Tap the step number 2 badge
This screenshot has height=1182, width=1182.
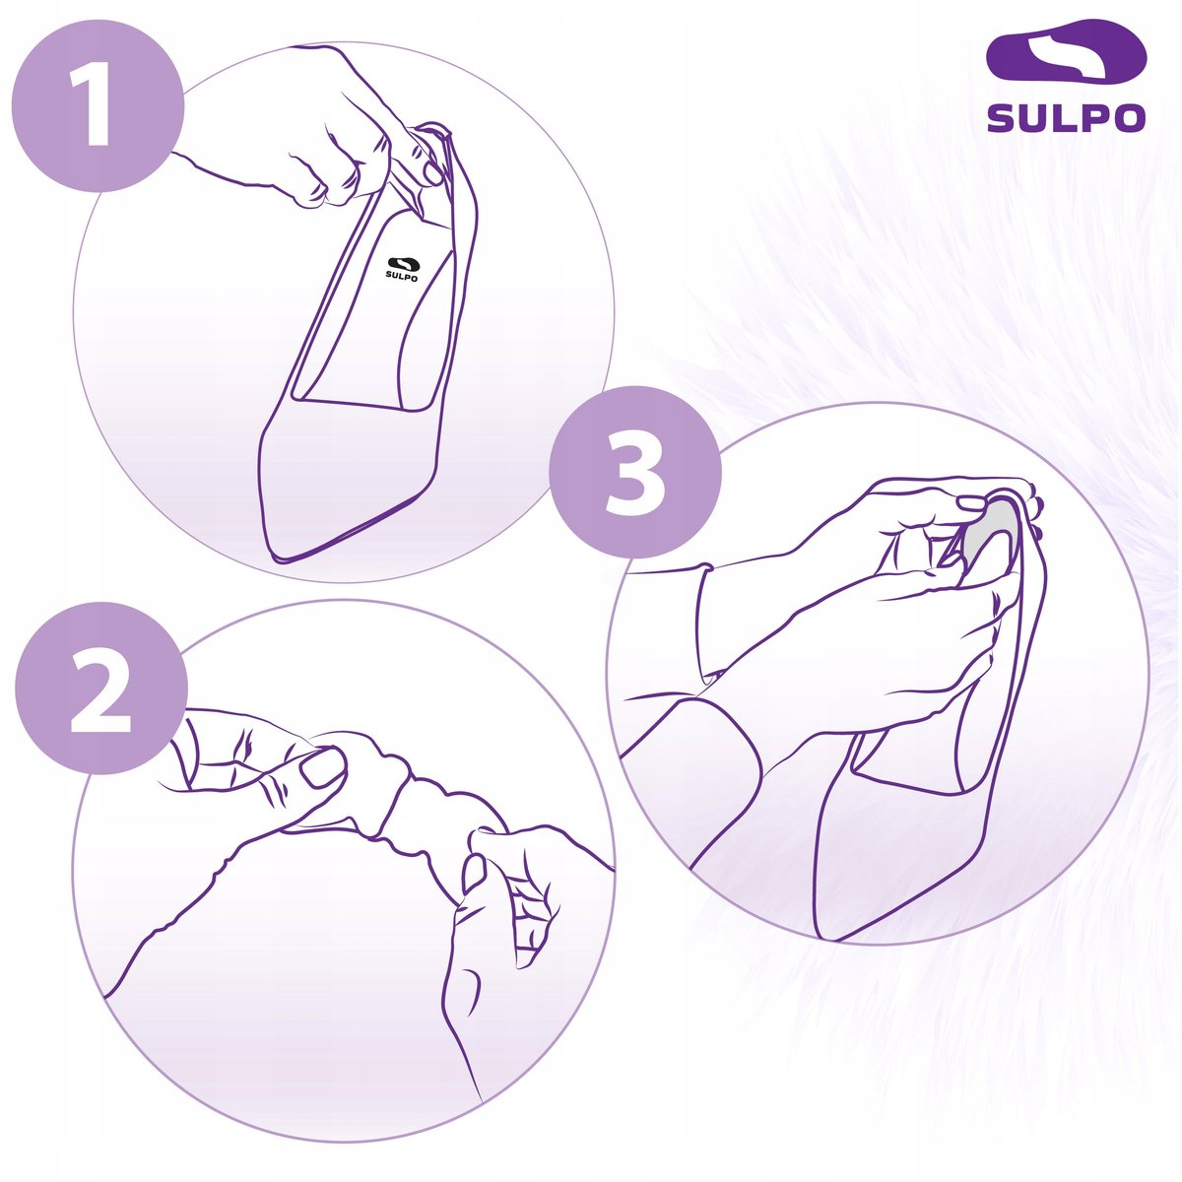click(101, 689)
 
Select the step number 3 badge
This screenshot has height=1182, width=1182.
click(635, 472)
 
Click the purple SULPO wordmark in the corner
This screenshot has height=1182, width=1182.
click(1066, 117)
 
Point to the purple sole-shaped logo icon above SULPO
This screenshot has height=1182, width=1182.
click(1066, 56)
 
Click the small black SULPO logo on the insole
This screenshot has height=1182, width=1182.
click(403, 269)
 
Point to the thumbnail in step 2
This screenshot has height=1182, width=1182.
click(322, 768)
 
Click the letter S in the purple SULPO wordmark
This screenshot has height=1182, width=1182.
click(1002, 117)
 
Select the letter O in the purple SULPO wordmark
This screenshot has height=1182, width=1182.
click(1129, 117)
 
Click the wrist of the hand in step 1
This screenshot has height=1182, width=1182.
click(203, 168)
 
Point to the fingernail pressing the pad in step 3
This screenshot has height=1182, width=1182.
click(970, 504)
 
